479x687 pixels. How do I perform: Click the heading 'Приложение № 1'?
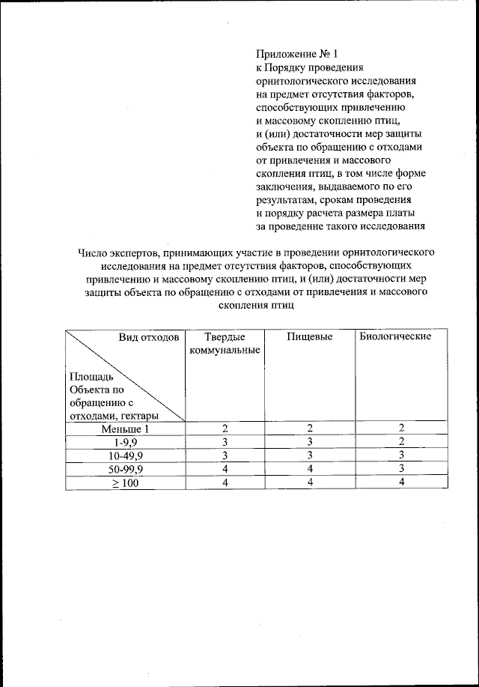(x=297, y=54)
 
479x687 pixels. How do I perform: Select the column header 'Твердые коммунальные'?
(x=219, y=343)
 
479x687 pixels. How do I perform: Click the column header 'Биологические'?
(x=395, y=336)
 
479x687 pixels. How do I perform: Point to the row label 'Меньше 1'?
(x=126, y=429)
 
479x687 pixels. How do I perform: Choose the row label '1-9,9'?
(x=126, y=442)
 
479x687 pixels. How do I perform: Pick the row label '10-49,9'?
(x=126, y=456)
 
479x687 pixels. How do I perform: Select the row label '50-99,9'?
(x=126, y=469)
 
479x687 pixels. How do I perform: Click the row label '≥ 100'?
(x=126, y=482)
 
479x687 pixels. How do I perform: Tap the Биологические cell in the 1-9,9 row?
(x=401, y=442)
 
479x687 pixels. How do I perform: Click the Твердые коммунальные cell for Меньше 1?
(x=224, y=429)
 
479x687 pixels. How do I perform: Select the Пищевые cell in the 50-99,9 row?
(x=309, y=469)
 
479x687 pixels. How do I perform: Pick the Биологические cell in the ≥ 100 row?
(x=401, y=482)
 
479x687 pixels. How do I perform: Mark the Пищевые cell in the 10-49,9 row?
(x=309, y=456)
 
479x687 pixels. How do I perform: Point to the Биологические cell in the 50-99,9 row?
(x=401, y=469)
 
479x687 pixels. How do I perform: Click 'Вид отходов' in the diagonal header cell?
(x=149, y=336)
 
